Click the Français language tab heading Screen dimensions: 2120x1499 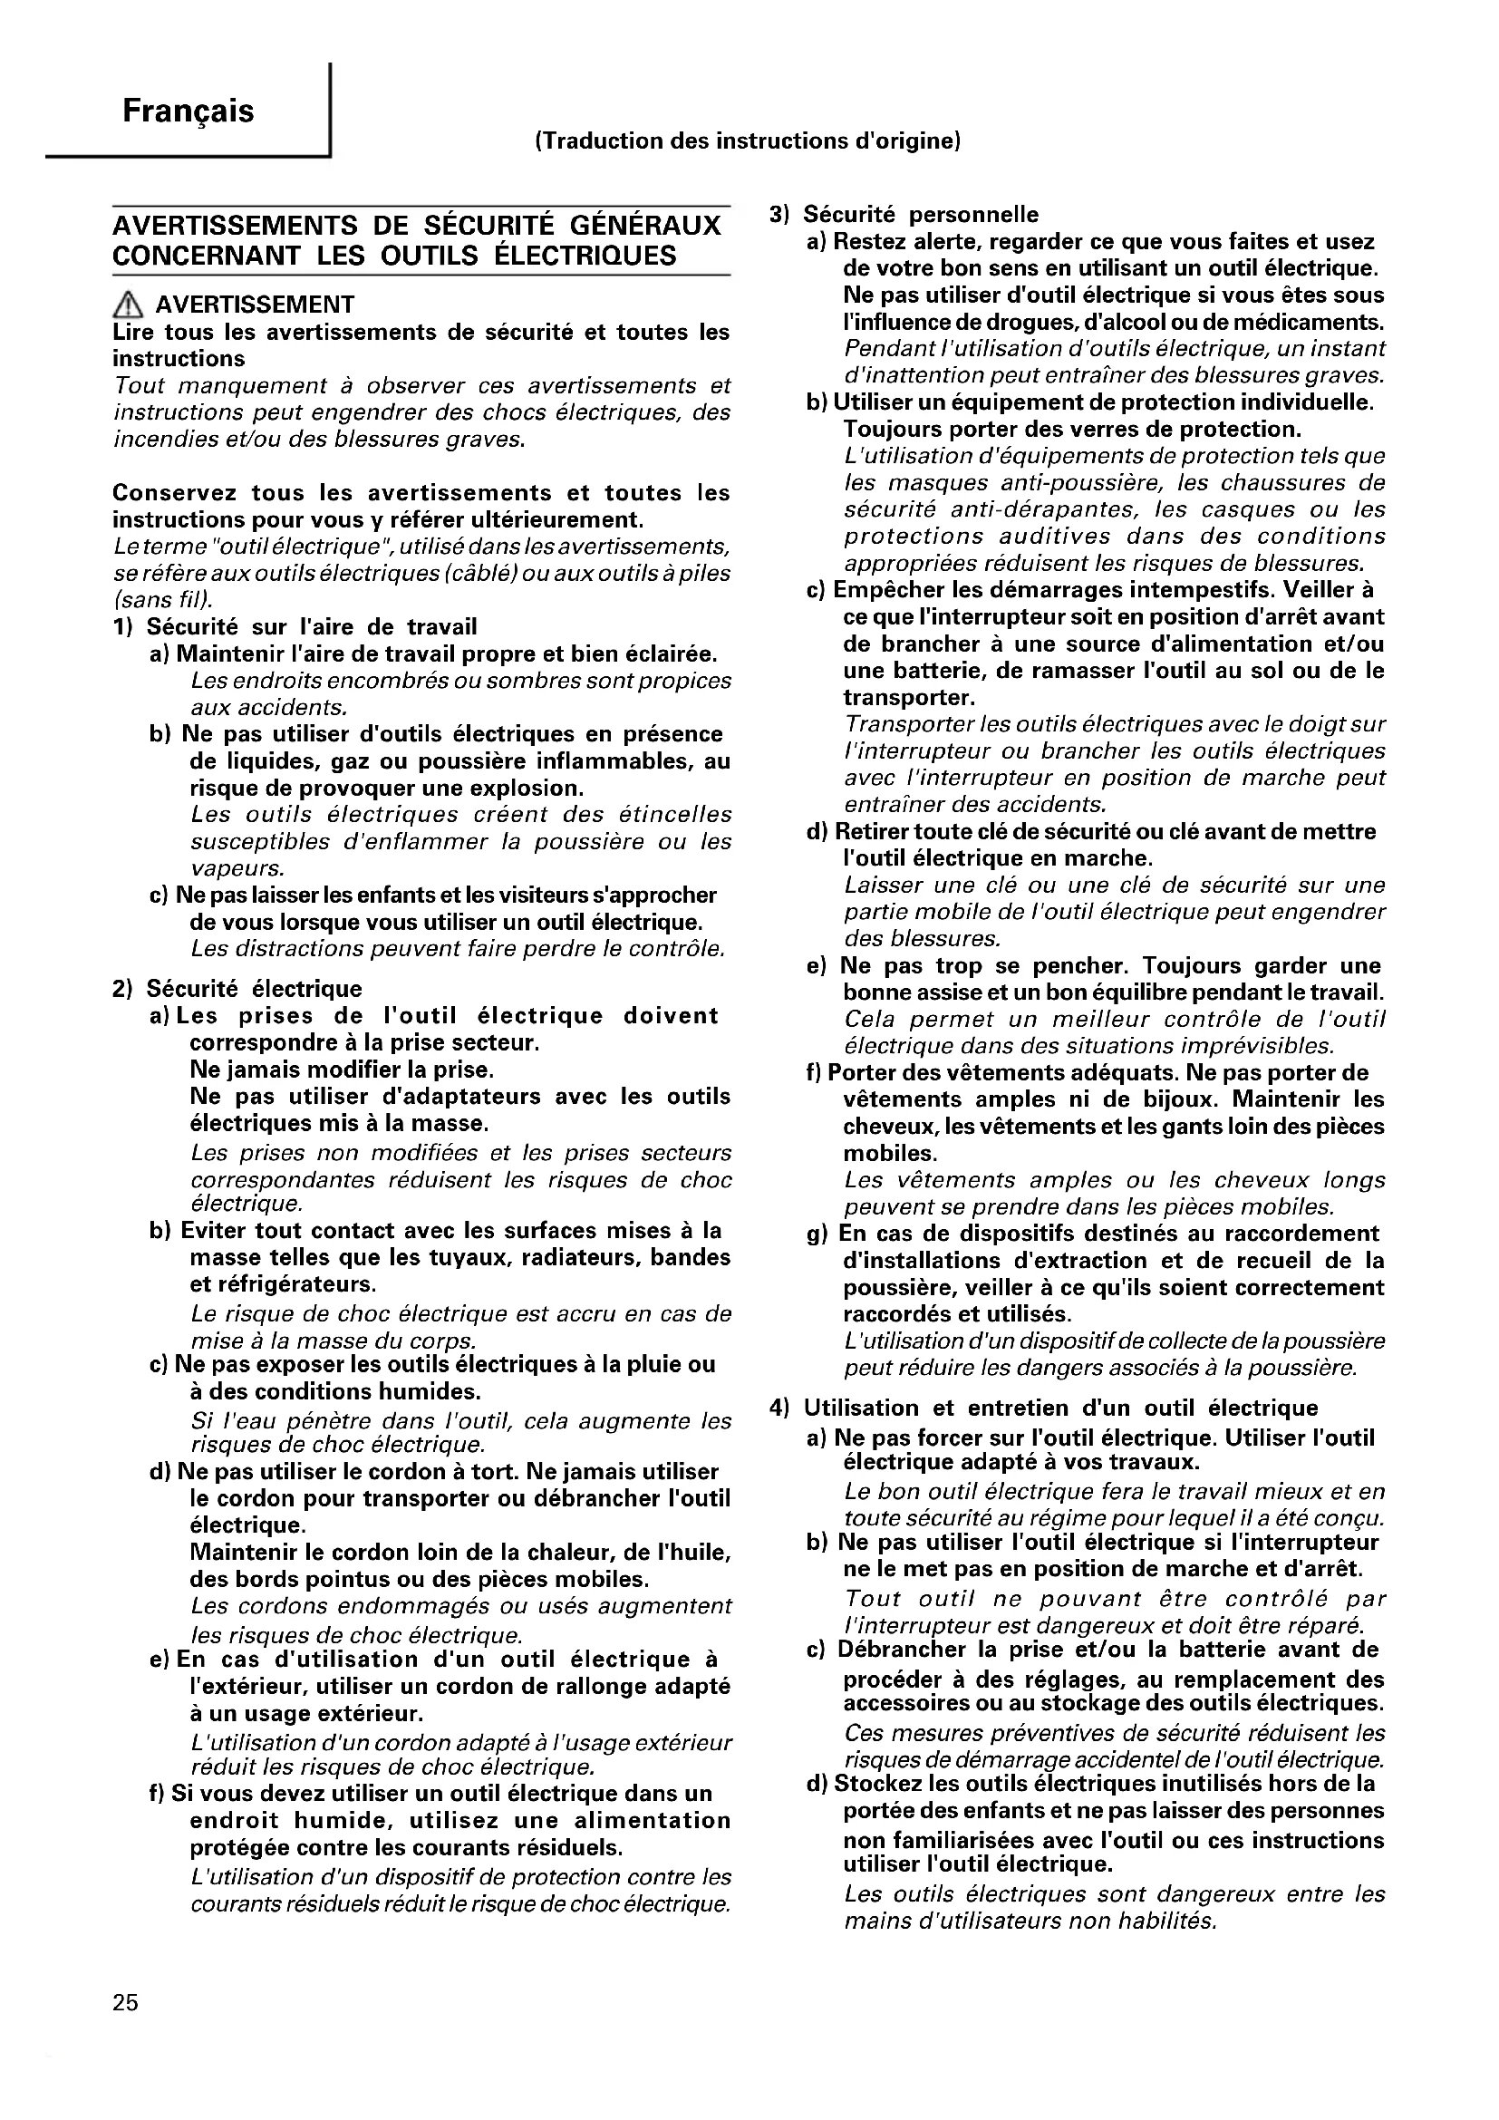pyautogui.click(x=189, y=111)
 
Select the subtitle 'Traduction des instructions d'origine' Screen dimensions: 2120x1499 pyautogui.click(x=749, y=141)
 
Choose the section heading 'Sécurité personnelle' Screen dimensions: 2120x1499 pyautogui.click(x=920, y=214)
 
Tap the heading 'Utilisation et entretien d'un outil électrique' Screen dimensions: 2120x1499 pyautogui.click(x=1060, y=1408)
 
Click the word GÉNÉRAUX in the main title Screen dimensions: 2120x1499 pyautogui.click(x=643, y=227)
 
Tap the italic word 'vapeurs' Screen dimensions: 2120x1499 pyautogui.click(x=236, y=868)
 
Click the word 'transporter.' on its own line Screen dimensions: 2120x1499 pyautogui.click(x=908, y=697)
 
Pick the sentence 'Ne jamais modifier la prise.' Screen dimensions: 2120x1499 pyautogui.click(x=342, y=1070)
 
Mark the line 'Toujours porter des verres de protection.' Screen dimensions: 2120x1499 pyautogui.click(x=1071, y=430)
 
